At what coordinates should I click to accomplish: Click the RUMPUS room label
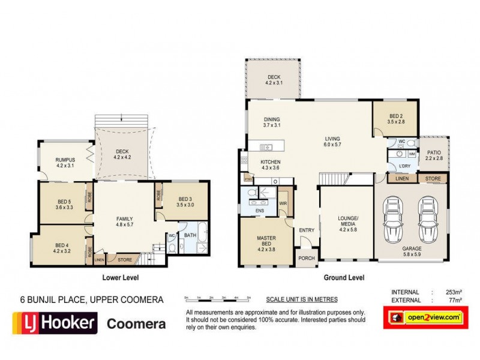click(64, 162)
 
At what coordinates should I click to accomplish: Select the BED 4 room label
click(62, 247)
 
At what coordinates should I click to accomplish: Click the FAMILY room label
click(124, 221)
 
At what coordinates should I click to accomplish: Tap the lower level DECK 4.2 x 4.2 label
click(122, 154)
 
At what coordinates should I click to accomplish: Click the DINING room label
click(271, 122)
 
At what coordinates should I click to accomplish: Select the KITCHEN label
click(271, 165)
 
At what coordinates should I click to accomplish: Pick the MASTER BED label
click(266, 241)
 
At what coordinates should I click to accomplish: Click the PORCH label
click(306, 259)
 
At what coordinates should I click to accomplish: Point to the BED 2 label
click(395, 118)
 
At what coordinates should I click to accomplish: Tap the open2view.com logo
click(425, 317)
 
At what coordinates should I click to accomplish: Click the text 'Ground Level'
click(344, 278)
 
